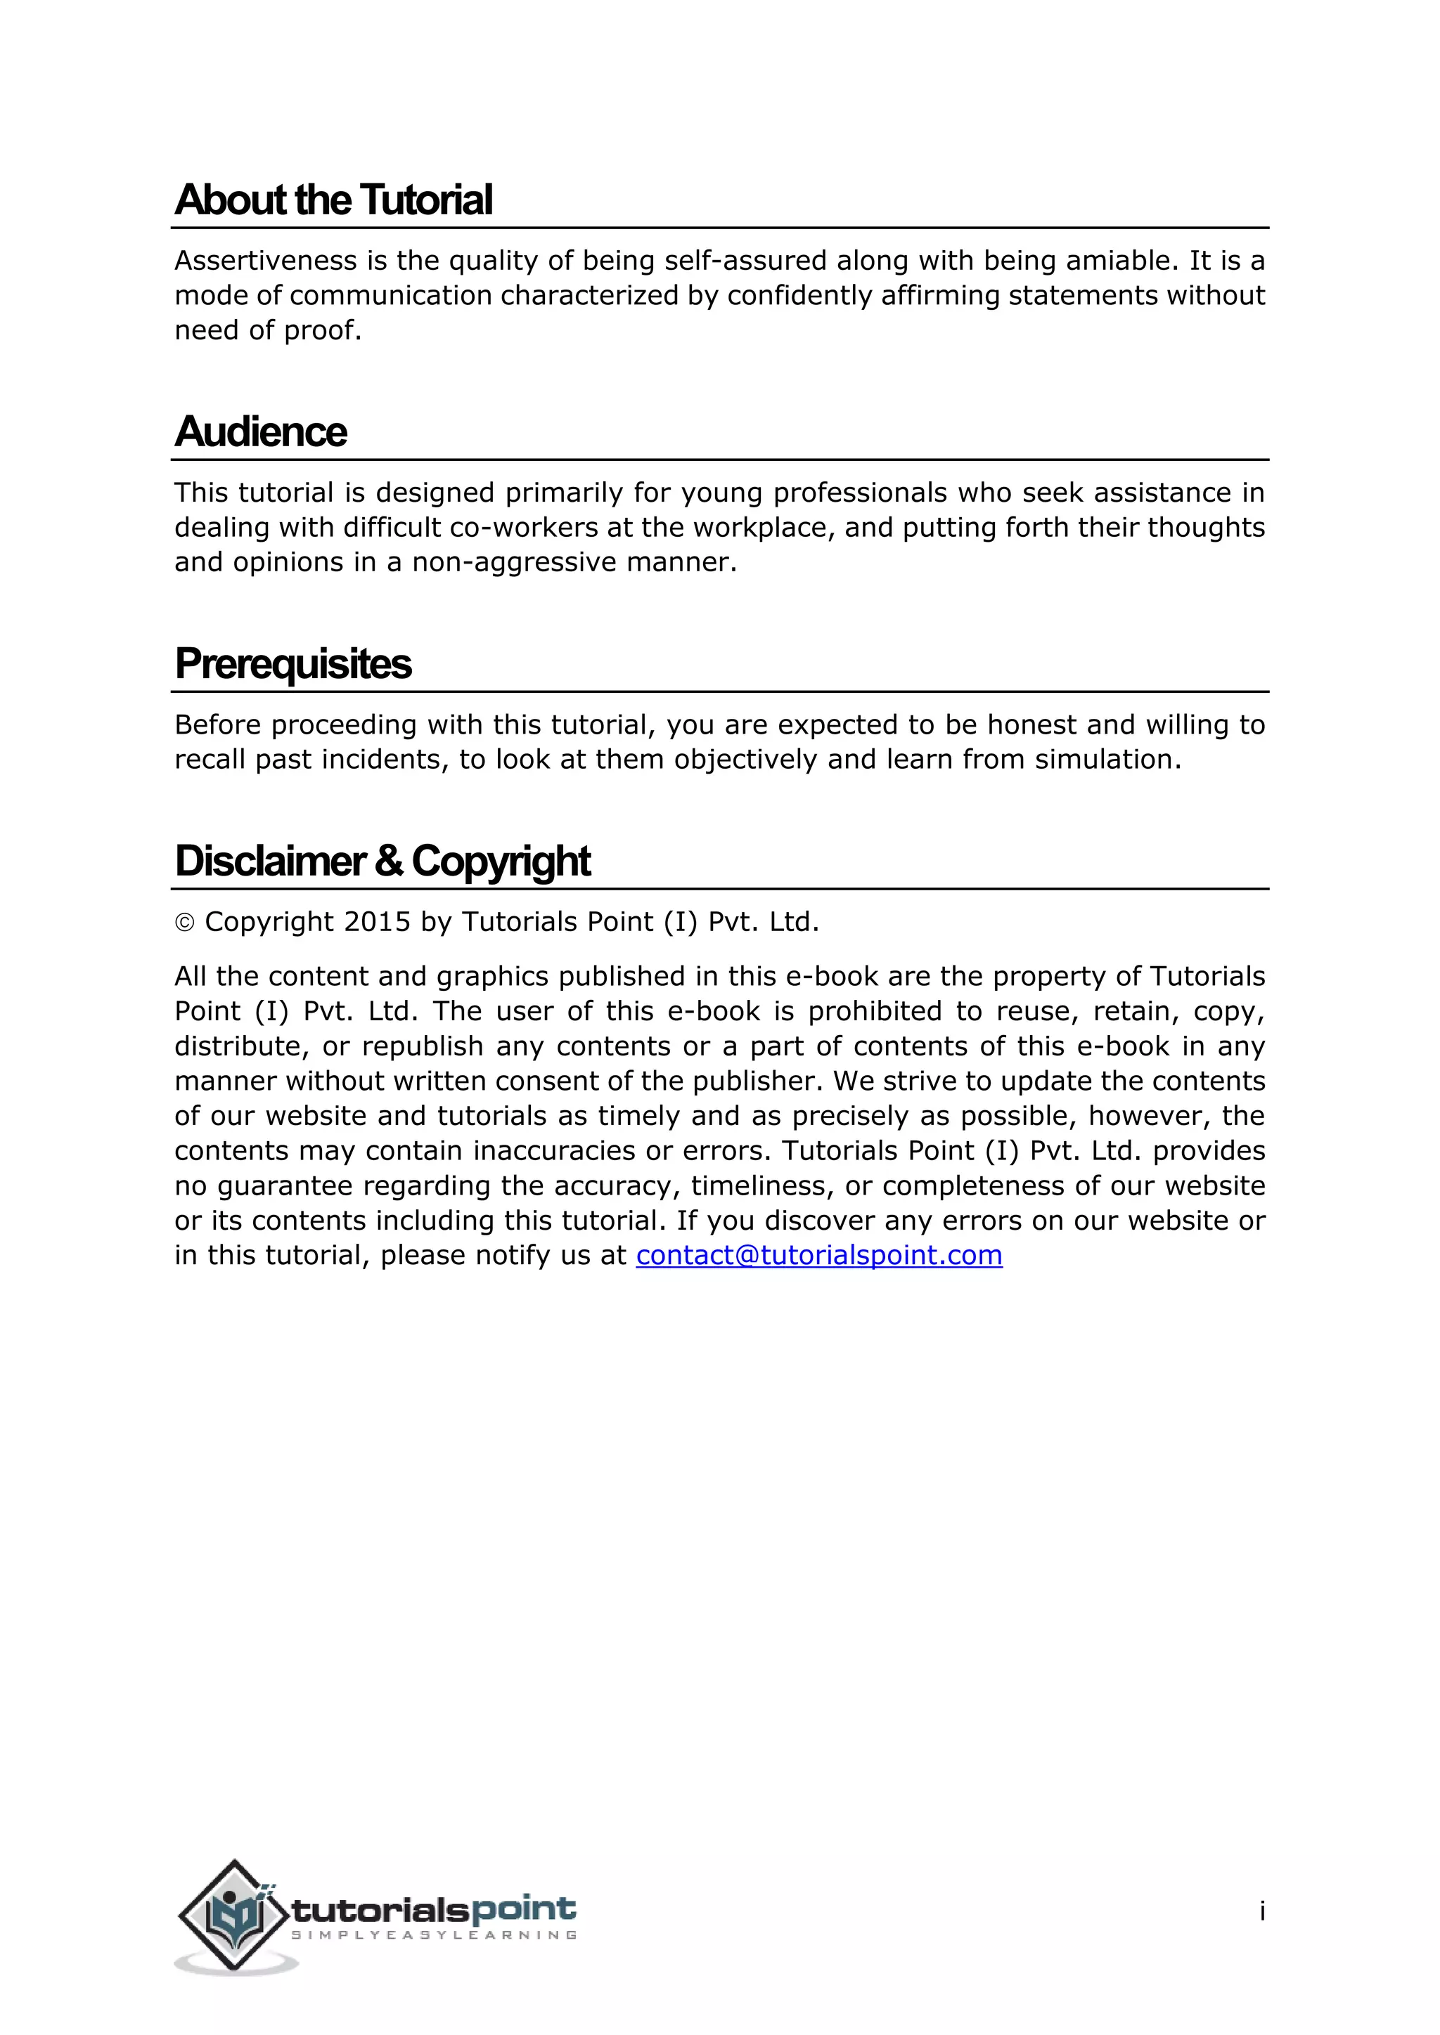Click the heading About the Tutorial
[333, 200]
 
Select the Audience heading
[261, 433]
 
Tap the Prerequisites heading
[292, 665]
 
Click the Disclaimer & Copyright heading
[382, 862]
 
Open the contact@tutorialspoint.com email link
[818, 1255]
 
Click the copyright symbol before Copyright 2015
[184, 923]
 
